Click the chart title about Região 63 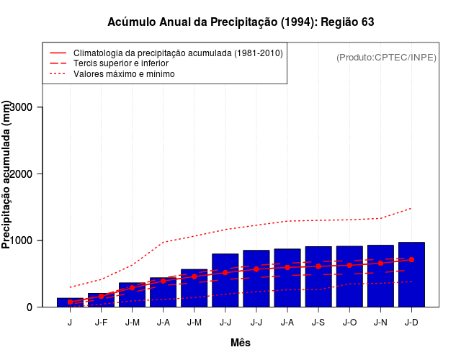pos(241,22)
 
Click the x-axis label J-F pos(101,323)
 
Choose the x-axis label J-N pos(380,323)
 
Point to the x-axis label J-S pos(318,323)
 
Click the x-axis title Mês pos(241,343)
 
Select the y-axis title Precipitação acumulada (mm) pos(7,175)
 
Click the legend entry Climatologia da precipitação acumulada pos(178,53)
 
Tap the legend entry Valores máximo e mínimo pos(124,73)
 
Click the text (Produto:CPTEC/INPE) pos(386,58)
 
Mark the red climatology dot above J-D pos(411,259)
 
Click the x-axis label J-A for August pos(287,323)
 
